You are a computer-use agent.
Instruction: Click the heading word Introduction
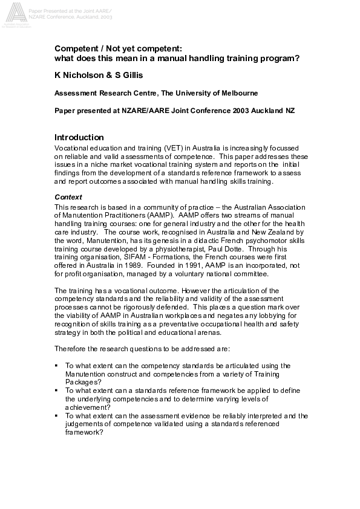point(79,137)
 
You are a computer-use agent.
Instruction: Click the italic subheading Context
point(67,197)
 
